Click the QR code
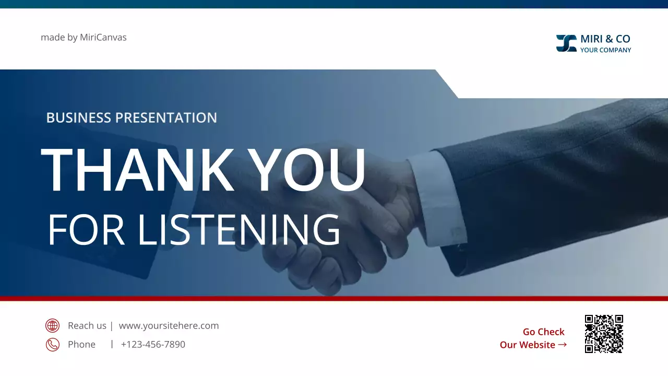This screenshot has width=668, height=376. click(604, 334)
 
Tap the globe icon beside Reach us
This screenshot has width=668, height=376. click(52, 326)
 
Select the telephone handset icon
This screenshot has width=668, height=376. click(52, 345)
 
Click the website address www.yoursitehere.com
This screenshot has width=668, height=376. click(169, 326)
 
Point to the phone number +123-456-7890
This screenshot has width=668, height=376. click(153, 345)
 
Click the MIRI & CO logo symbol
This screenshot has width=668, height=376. click(566, 43)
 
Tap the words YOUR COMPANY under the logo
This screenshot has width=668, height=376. click(605, 50)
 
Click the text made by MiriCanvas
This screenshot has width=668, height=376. click(83, 38)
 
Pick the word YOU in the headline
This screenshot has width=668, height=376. click(306, 171)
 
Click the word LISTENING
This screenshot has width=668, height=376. click(239, 230)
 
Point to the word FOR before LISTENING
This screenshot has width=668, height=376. click(86, 230)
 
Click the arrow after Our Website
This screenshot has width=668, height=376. click(562, 345)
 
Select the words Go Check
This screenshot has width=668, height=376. click(543, 332)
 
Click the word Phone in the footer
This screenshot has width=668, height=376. click(81, 345)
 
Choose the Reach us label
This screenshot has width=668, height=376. click(87, 326)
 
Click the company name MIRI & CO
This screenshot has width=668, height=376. click(605, 39)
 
